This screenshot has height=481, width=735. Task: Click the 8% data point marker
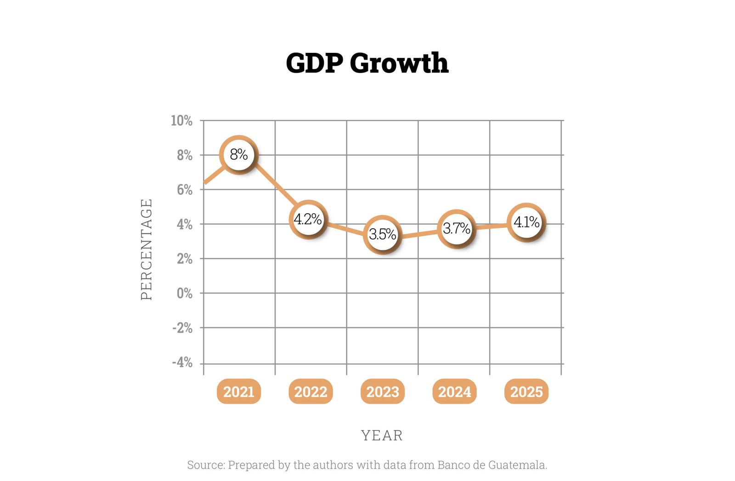tap(238, 155)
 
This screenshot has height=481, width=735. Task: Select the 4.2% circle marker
tap(308, 219)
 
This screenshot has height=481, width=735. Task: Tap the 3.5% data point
tap(382, 234)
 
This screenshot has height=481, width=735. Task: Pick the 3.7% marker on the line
tap(456, 228)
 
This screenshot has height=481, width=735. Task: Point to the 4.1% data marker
tap(526, 222)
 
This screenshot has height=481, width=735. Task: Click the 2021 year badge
tap(238, 392)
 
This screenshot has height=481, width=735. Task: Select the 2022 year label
tap(311, 392)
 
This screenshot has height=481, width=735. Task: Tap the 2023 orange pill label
tap(383, 392)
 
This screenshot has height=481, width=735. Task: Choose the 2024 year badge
tap(454, 392)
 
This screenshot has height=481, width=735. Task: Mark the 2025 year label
tap(526, 392)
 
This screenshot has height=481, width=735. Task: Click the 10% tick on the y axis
tap(181, 121)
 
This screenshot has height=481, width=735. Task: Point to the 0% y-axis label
tap(185, 293)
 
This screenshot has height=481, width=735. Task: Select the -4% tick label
tap(182, 362)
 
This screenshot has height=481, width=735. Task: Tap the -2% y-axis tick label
tap(182, 328)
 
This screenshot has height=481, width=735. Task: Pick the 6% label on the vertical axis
tap(185, 190)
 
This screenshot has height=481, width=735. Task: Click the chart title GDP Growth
tap(367, 63)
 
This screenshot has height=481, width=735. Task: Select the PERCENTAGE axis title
tap(146, 249)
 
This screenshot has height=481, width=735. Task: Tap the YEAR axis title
tap(382, 435)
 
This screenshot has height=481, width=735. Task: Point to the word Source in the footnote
tap(205, 465)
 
